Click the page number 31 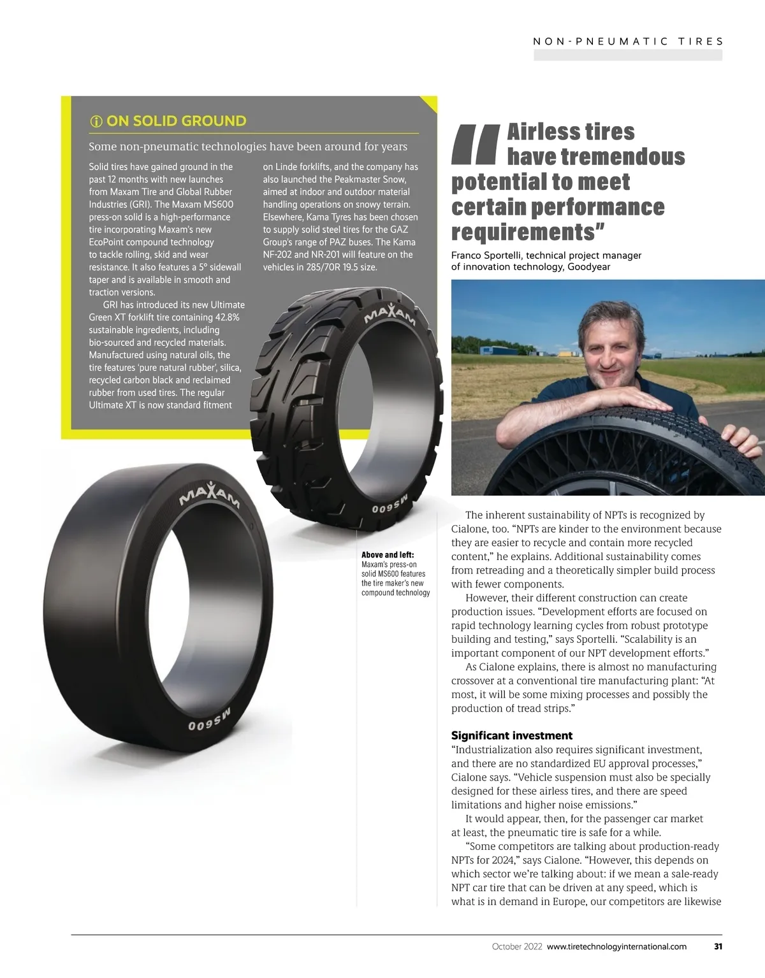coord(718,946)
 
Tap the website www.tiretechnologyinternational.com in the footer coord(616,946)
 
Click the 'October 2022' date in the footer coord(517,946)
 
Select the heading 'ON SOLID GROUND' coord(176,121)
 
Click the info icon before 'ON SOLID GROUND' coord(96,121)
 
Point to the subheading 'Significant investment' coord(512,735)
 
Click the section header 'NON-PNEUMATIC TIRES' coord(628,41)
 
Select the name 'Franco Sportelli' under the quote coord(486,255)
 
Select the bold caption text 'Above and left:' coord(388,555)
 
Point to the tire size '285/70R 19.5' coord(328,267)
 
